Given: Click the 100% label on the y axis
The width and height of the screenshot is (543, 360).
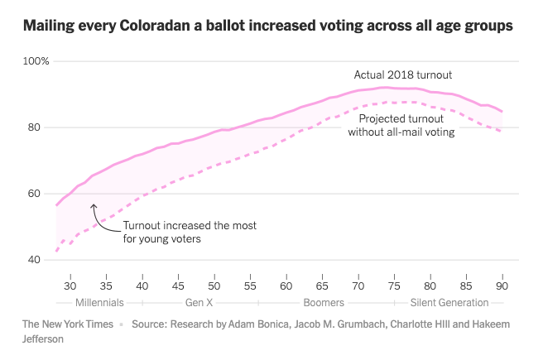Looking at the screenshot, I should [36, 61].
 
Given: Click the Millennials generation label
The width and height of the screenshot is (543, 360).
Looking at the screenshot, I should [99, 302].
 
